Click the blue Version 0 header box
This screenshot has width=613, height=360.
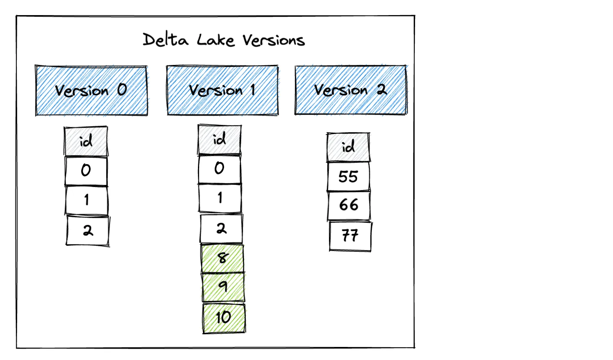pyautogui.click(x=91, y=91)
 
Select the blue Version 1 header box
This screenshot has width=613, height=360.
pyautogui.click(x=222, y=90)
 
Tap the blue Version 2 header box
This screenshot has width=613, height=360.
pyautogui.click(x=351, y=90)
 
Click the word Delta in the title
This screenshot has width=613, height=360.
pyautogui.click(x=165, y=40)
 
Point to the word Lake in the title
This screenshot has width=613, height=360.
pyautogui.click(x=215, y=40)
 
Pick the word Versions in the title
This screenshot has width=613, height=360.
pyautogui.click(x=273, y=40)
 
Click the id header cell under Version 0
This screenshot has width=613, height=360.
pyautogui.click(x=86, y=141)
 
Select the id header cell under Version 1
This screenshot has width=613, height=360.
pyautogui.click(x=220, y=140)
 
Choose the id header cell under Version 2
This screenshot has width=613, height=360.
pyautogui.click(x=348, y=147)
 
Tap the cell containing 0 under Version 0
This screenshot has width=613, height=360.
pyautogui.click(x=86, y=171)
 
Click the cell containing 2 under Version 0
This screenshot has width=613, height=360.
pyautogui.click(x=88, y=231)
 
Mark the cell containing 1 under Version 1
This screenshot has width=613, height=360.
pyautogui.click(x=220, y=198)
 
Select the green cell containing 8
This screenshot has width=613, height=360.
pyautogui.click(x=222, y=258)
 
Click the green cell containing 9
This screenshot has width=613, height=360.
pyautogui.click(x=223, y=287)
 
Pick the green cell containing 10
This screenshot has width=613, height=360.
pyautogui.click(x=224, y=318)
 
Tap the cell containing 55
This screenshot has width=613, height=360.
pyautogui.click(x=348, y=176)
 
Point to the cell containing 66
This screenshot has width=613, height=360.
pyautogui.click(x=349, y=205)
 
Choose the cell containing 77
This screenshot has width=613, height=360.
pyautogui.click(x=350, y=236)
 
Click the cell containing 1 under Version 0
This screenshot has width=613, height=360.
pyautogui.click(x=87, y=200)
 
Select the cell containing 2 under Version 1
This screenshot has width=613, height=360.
pyautogui.click(x=221, y=228)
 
